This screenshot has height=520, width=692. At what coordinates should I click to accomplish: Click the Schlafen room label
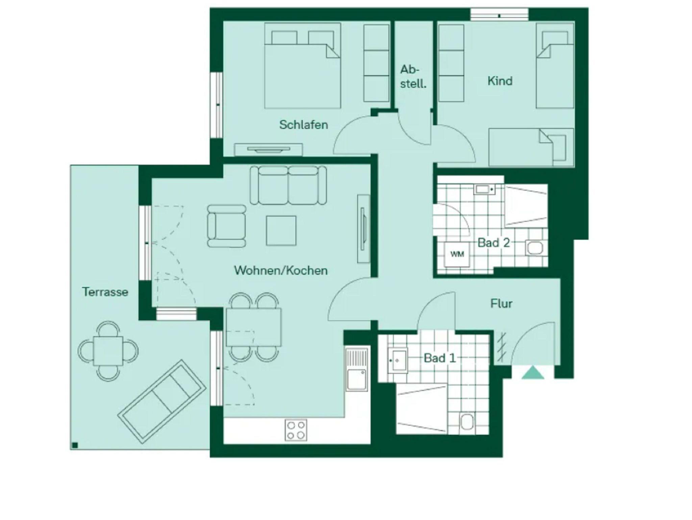[x=303, y=125]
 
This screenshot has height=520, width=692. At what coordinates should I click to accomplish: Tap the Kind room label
[x=500, y=81]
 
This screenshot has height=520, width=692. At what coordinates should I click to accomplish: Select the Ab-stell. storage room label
[x=413, y=77]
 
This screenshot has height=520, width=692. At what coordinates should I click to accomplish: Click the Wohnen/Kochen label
[x=281, y=270]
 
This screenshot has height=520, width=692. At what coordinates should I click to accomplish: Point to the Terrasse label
[x=105, y=292]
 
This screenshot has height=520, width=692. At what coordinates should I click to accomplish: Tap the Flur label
[x=501, y=304]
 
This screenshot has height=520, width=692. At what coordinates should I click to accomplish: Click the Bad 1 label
[x=440, y=358]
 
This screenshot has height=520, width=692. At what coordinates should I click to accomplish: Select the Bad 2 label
[x=493, y=243]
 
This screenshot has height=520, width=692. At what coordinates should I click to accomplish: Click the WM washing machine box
[x=457, y=254]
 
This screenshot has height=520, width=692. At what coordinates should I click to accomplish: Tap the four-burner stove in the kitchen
[x=296, y=430]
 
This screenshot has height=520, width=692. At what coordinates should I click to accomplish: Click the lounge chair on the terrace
[x=162, y=401]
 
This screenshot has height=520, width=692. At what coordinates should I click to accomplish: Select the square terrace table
[x=108, y=351]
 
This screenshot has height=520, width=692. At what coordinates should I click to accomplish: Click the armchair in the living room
[x=226, y=226]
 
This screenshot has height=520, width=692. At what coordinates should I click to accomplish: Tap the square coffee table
[x=281, y=231]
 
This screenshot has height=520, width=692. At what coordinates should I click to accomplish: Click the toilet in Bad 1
[x=467, y=422]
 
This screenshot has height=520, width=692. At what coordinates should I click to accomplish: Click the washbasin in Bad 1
[x=398, y=360]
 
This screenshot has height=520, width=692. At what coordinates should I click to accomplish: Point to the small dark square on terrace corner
[x=75, y=445]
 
